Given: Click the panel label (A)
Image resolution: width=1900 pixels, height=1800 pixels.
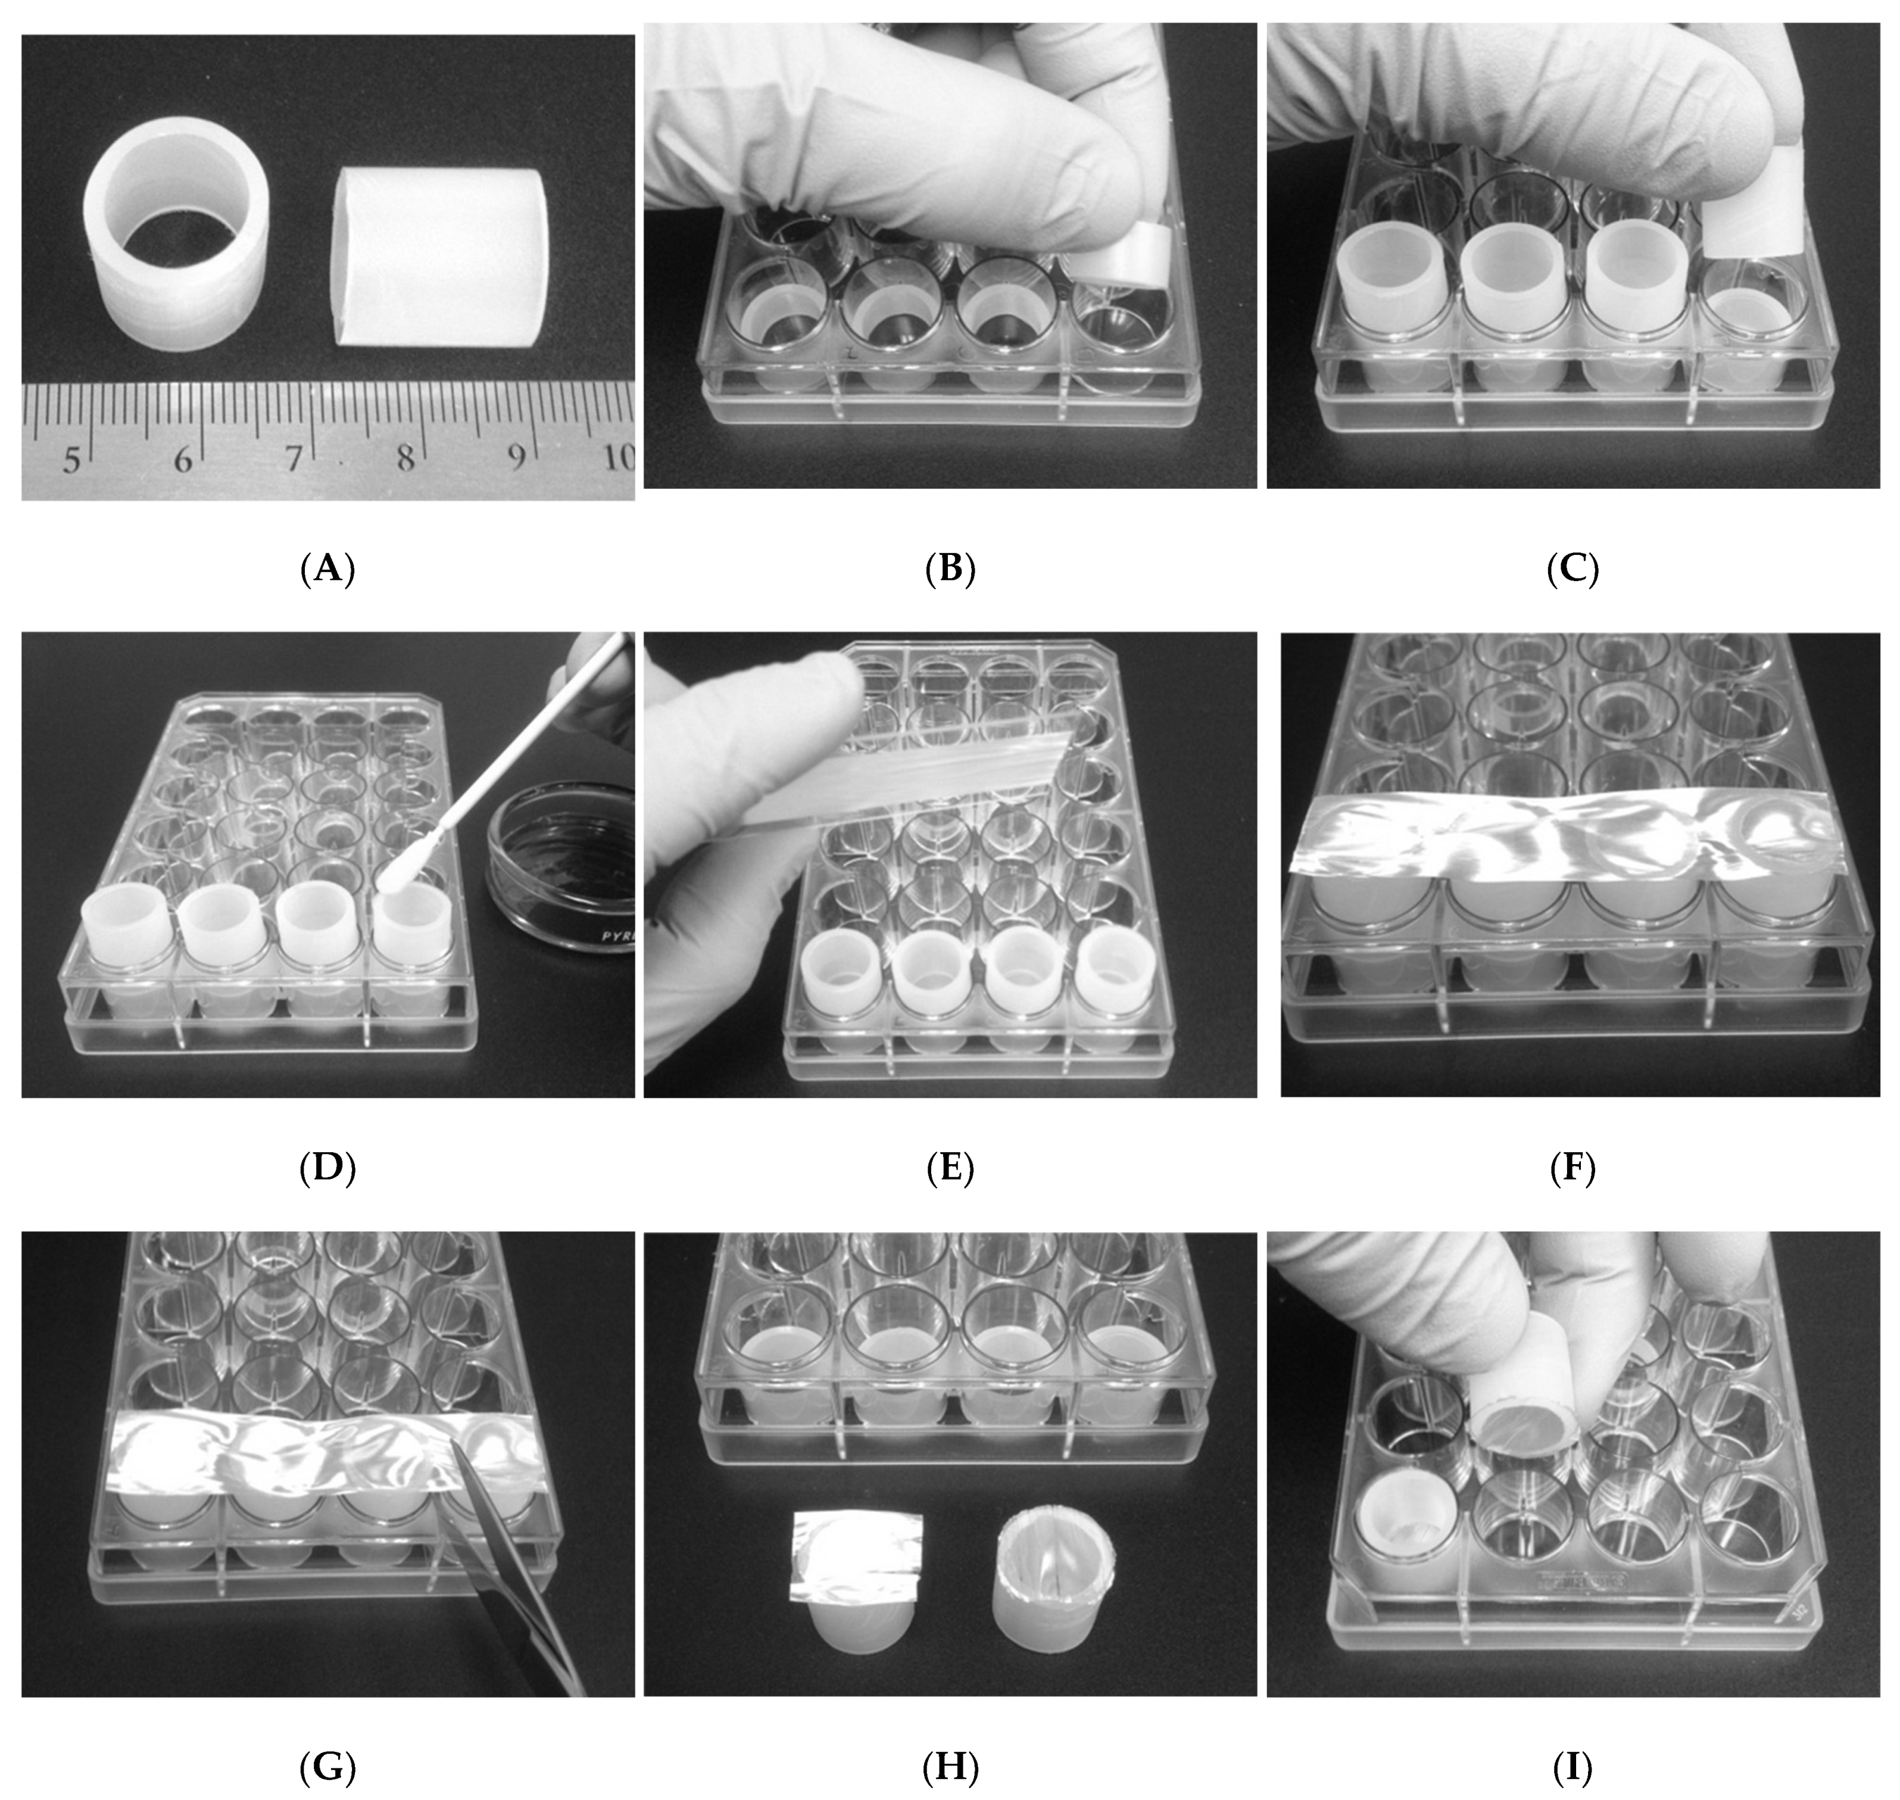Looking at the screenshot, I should (327, 570).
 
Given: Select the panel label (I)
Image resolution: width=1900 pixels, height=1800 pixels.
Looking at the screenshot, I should (1573, 1767).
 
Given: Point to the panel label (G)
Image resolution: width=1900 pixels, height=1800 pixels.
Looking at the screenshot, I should (327, 1767).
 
